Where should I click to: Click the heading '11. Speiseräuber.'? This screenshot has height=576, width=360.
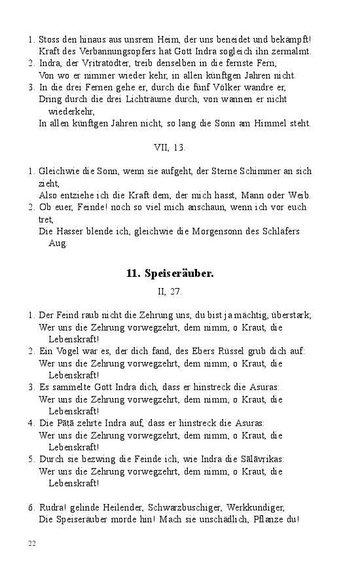click(x=170, y=274)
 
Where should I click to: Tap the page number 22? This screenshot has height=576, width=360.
click(x=31, y=543)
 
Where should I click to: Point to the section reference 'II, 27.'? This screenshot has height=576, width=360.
click(x=170, y=291)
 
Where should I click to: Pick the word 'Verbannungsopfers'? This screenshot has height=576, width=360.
click(x=98, y=51)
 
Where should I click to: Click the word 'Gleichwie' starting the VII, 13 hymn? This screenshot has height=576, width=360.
click(x=58, y=171)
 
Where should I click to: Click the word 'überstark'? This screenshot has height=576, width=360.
click(x=290, y=315)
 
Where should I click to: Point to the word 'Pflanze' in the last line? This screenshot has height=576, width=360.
click(x=266, y=520)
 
